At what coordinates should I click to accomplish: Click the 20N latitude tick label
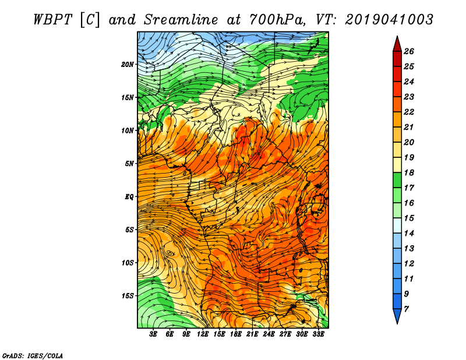pyautogui.click(x=128, y=65)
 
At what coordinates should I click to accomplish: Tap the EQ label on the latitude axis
pyautogui.click(x=129, y=197)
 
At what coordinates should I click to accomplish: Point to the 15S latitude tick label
pyautogui.click(x=128, y=296)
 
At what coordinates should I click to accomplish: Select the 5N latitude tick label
pyautogui.click(x=129, y=164)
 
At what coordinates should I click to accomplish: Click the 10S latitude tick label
pyautogui.click(x=128, y=263)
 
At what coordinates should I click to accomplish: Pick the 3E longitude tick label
pyautogui.click(x=153, y=334)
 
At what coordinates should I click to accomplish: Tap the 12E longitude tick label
pyautogui.click(x=203, y=334)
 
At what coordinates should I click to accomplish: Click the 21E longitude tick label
pyautogui.click(x=252, y=334)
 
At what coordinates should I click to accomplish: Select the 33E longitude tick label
pyautogui.click(x=318, y=334)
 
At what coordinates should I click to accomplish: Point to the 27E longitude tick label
pyautogui.click(x=285, y=334)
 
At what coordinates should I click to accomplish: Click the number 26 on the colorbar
pyautogui.click(x=409, y=51)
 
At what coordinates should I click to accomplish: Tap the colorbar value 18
pyautogui.click(x=409, y=172)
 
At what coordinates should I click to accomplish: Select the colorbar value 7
pyautogui.click(x=406, y=309)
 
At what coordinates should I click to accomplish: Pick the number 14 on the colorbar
pyautogui.click(x=409, y=234)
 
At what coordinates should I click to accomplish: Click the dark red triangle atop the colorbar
pyautogui.click(x=397, y=44)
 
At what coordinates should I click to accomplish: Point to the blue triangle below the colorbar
pyautogui.click(x=397, y=316)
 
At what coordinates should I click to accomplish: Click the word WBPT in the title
pyautogui.click(x=53, y=20)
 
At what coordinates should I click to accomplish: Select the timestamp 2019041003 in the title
pyautogui.click(x=389, y=20)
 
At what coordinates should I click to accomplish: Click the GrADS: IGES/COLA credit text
pyautogui.click(x=33, y=355)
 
